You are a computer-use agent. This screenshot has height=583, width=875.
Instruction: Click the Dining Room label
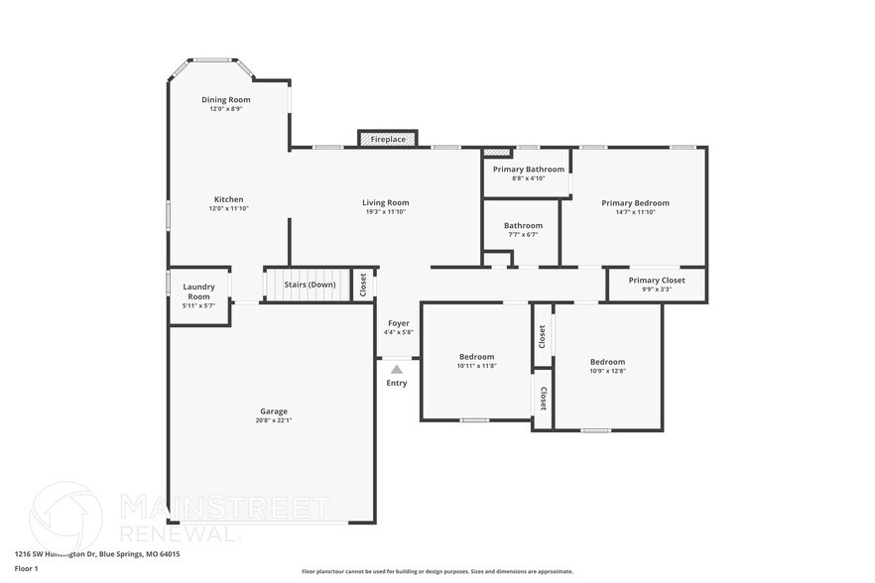226,100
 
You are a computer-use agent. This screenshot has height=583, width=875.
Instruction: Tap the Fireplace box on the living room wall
388,140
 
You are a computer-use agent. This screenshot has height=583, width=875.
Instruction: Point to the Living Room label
385,203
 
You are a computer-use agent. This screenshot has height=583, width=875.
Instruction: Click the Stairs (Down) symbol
309,285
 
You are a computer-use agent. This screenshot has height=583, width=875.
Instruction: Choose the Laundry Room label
198,291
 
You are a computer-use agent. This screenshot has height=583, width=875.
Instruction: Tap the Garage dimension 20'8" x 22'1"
274,420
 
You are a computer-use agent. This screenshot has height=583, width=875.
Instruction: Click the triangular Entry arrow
397,370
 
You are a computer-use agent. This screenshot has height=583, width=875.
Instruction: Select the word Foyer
398,323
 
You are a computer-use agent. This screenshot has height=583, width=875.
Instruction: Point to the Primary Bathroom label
528,170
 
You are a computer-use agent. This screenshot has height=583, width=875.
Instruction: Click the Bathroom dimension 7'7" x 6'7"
523,235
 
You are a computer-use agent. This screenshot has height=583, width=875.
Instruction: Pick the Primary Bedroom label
635,203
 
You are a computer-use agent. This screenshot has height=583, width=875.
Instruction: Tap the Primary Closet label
658,281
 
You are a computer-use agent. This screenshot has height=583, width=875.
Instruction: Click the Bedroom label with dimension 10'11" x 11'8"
476,357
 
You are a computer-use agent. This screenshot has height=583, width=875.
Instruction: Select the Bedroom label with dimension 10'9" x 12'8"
607,362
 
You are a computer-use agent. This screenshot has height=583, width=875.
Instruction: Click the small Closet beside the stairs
363,285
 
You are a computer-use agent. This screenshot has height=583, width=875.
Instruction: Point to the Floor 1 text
26,568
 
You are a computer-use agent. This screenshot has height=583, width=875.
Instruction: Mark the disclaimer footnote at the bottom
437,571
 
